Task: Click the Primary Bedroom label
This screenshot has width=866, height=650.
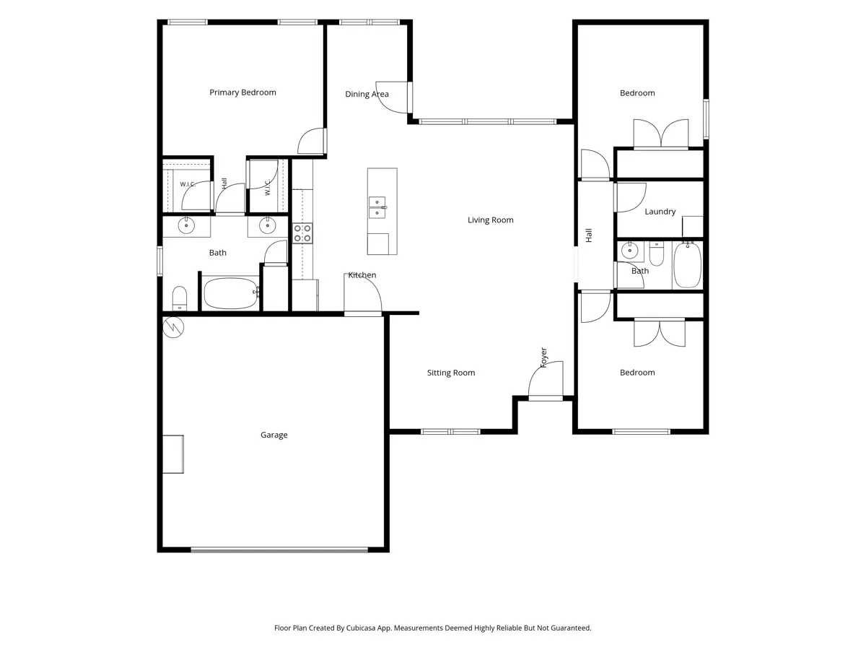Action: pyautogui.click(x=242, y=92)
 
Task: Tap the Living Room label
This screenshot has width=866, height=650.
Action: pyautogui.click(x=491, y=220)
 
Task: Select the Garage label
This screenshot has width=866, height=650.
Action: pyautogui.click(x=274, y=435)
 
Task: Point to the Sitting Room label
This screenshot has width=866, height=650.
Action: pyautogui.click(x=451, y=373)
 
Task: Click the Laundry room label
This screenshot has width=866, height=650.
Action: pyautogui.click(x=660, y=212)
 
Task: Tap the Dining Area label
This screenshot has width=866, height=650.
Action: pyautogui.click(x=367, y=94)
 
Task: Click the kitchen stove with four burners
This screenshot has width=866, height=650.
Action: pyautogui.click(x=302, y=233)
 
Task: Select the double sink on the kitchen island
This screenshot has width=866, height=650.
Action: pyautogui.click(x=377, y=207)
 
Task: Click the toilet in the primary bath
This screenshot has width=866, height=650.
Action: pyautogui.click(x=180, y=298)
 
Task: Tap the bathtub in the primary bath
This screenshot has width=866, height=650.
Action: pyautogui.click(x=231, y=294)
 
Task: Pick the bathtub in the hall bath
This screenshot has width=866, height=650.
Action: pyautogui.click(x=687, y=265)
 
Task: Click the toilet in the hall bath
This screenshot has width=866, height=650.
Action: pyautogui.click(x=657, y=253)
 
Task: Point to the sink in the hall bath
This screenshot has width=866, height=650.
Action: pyautogui.click(x=630, y=250)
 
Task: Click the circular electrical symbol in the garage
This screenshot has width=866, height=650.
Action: pyautogui.click(x=173, y=327)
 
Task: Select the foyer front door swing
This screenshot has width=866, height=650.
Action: pyautogui.click(x=546, y=379)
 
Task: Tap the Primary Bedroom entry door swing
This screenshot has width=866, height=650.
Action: pyautogui.click(x=311, y=141)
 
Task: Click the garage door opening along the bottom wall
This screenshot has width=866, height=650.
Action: pyautogui.click(x=279, y=550)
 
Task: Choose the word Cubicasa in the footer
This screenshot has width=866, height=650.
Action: pyautogui.click(x=361, y=628)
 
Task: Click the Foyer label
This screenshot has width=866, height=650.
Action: pyautogui.click(x=543, y=357)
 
